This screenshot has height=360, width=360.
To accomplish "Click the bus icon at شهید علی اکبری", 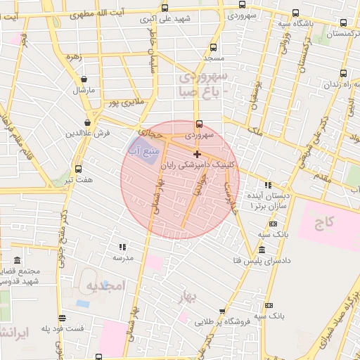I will point(165,8).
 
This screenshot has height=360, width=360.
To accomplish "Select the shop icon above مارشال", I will point(84,79).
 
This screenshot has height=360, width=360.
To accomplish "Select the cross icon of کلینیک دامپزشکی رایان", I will point(197,153).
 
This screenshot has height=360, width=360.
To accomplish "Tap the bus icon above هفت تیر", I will point(77,169).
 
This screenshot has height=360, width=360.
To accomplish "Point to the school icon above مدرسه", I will point(122,247).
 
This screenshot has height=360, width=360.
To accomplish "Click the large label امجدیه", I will point(105,285).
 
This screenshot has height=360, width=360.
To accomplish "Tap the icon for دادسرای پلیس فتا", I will point(262,250).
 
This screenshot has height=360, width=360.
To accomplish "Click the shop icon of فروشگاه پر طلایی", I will point(222,311).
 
